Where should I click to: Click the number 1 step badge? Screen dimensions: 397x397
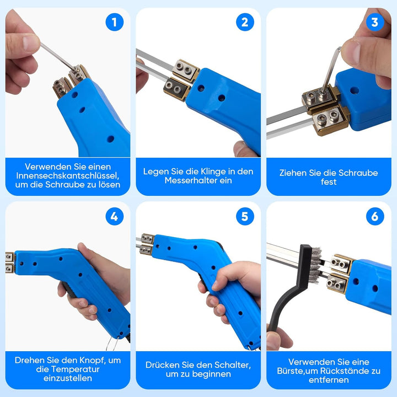(x=115, y=22)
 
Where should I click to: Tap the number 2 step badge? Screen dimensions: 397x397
(x=245, y=22)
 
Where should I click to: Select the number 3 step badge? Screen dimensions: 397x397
(x=375, y=22)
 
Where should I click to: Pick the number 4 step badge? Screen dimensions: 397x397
(x=115, y=217)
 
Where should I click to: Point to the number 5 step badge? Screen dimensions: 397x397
(x=245, y=217)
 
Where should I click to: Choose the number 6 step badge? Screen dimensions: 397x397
(x=375, y=217)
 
